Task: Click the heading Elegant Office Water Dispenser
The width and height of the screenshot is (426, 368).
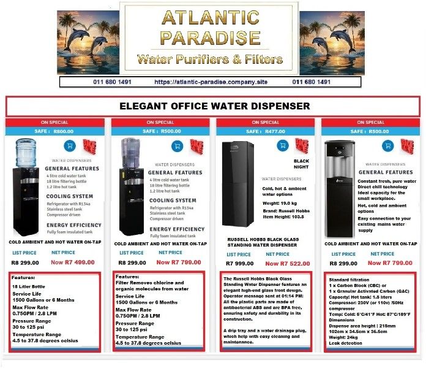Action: coord(214,106)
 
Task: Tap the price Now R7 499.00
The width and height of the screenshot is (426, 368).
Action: coord(72,262)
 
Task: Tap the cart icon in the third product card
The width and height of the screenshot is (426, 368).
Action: coord(282,145)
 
